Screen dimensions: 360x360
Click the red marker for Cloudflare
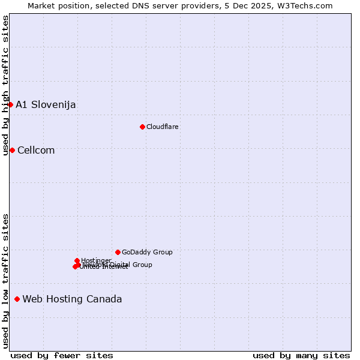click(x=142, y=127)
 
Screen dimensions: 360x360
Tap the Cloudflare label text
click(x=163, y=127)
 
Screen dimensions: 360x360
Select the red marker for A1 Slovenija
click(x=10, y=104)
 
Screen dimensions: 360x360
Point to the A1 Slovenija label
click(x=46, y=105)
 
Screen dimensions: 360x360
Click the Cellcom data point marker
click(x=12, y=150)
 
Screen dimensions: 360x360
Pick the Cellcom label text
click(x=36, y=151)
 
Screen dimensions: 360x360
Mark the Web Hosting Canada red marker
click(x=17, y=299)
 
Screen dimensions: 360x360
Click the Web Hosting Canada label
click(x=72, y=299)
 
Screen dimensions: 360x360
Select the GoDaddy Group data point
click(x=118, y=252)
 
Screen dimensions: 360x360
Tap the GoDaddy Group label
click(x=147, y=253)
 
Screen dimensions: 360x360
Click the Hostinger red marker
click(x=77, y=260)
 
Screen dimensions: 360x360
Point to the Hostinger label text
click(x=96, y=260)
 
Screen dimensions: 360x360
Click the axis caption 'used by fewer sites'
click(x=62, y=355)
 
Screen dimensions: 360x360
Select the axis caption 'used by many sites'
click(x=301, y=355)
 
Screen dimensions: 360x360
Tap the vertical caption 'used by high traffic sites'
click(x=6, y=85)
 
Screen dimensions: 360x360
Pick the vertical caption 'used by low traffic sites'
click(x=6, y=281)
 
